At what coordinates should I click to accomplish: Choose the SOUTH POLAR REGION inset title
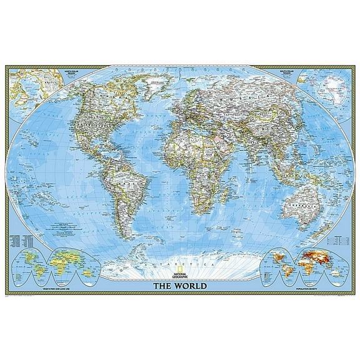286,73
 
